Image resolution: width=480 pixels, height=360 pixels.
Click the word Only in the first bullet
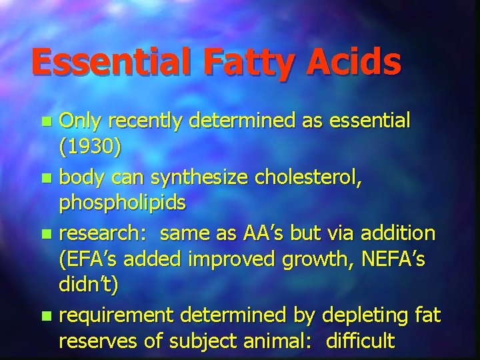[x=80, y=123]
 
